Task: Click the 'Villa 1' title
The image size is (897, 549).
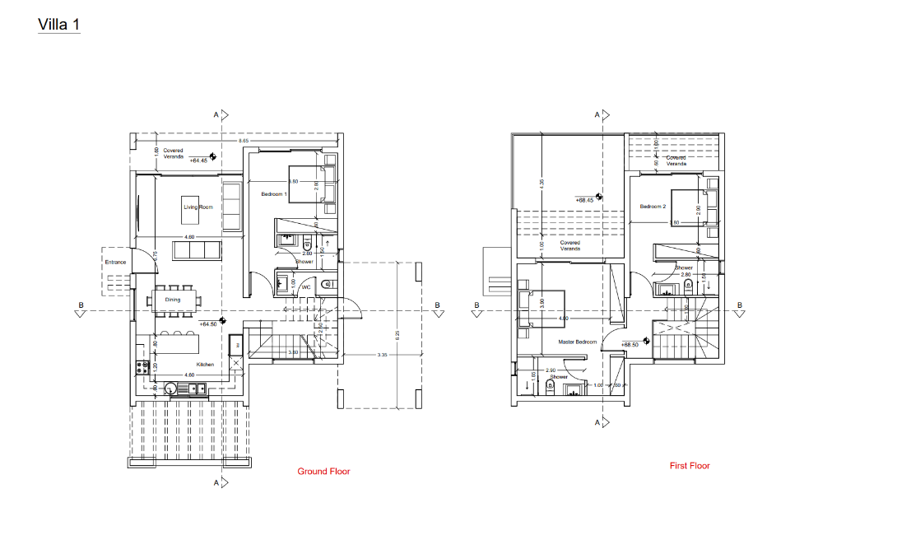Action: [x=58, y=25]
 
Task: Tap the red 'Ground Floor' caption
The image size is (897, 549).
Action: [x=323, y=472]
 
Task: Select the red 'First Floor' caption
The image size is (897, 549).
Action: [x=689, y=466]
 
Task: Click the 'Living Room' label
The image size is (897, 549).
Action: [x=198, y=207]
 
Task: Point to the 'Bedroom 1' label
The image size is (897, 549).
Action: [x=273, y=194]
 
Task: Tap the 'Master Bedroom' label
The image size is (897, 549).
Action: [x=577, y=342]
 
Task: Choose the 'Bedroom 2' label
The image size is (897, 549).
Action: [x=653, y=207]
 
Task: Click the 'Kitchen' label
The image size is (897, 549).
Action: [x=205, y=365]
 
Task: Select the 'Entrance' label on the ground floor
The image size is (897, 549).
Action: [x=115, y=263]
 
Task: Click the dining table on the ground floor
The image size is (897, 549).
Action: [x=174, y=300]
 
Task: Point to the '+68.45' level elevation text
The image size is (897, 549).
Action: [x=584, y=200]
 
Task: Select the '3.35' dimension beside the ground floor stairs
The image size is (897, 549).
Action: [x=382, y=355]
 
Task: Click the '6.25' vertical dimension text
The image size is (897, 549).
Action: [x=397, y=335]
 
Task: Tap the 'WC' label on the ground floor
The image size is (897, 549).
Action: [x=304, y=288]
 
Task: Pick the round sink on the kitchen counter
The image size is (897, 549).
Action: [x=171, y=388]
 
